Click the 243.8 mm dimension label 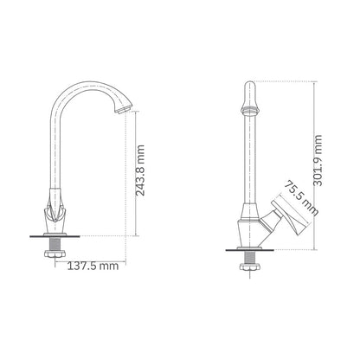tap(140, 170)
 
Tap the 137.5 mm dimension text tap(93, 266)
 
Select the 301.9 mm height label tap(318, 160)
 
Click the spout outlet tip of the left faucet tap(123, 110)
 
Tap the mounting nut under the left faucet tap(55, 254)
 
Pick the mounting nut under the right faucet tap(249, 267)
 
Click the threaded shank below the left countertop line tap(55, 244)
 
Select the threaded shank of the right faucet tap(249, 257)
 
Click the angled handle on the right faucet tap(287, 219)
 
